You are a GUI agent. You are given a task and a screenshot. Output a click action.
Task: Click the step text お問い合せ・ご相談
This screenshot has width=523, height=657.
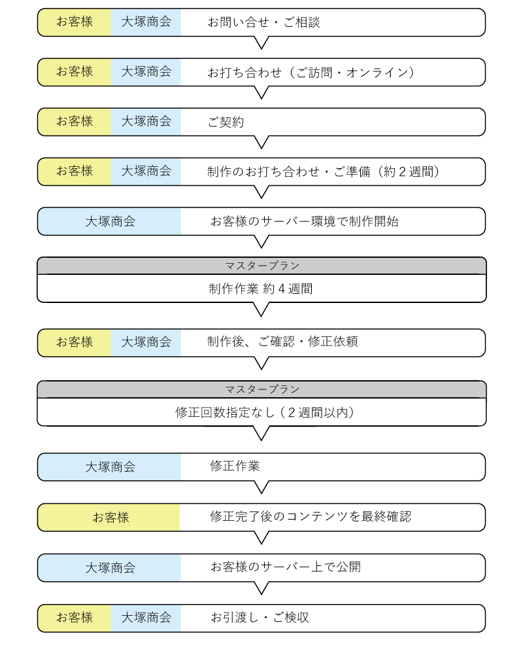pyautogui.click(x=264, y=22)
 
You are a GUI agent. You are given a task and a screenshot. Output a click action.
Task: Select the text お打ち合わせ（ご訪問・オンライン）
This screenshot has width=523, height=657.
pyautogui.click(x=311, y=73)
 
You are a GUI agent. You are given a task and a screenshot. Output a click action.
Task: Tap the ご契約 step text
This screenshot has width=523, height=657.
pyautogui.click(x=226, y=122)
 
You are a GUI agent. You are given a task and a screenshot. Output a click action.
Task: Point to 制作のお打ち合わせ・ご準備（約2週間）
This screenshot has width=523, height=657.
pyautogui.click(x=323, y=172)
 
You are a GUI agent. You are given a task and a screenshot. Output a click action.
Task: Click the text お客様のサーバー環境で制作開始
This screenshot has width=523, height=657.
pyautogui.click(x=305, y=221)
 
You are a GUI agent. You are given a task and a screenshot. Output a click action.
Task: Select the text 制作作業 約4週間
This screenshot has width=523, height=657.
pyautogui.click(x=261, y=289)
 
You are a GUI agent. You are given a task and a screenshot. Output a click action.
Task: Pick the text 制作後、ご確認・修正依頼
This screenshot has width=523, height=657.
pyautogui.click(x=282, y=342)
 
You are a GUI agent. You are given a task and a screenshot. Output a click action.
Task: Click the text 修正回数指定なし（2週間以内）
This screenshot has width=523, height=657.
pyautogui.click(x=265, y=413)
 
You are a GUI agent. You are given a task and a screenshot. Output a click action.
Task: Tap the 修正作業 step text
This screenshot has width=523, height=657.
pyautogui.click(x=235, y=466)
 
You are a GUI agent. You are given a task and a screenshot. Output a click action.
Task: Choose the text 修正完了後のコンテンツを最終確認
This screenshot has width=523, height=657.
pyautogui.click(x=311, y=516)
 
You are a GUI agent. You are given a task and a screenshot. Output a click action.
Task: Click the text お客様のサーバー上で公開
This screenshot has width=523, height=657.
pyautogui.click(x=286, y=567)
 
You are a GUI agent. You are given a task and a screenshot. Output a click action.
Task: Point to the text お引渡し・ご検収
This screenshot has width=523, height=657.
pyautogui.click(x=260, y=617)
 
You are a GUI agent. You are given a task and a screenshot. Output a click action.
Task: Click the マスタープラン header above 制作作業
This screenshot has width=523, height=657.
pyautogui.click(x=262, y=266)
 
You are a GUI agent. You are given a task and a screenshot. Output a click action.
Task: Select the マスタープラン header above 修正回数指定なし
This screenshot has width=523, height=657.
pyautogui.click(x=262, y=389)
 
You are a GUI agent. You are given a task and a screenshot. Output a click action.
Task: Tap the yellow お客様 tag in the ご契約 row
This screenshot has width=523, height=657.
pyautogui.click(x=75, y=122)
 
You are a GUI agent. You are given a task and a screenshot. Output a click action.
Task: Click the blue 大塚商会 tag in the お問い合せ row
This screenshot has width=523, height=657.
pyautogui.click(x=146, y=22)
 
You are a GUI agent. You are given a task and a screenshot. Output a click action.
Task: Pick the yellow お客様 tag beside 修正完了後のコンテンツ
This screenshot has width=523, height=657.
pyautogui.click(x=109, y=518)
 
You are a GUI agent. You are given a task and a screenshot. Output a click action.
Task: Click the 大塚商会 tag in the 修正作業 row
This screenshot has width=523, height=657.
pyautogui.click(x=110, y=467)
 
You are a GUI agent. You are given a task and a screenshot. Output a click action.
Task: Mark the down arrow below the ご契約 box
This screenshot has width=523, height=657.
pyautogui.click(x=261, y=142)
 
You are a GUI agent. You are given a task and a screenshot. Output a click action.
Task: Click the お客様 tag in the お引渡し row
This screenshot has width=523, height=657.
pyautogui.click(x=75, y=618)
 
